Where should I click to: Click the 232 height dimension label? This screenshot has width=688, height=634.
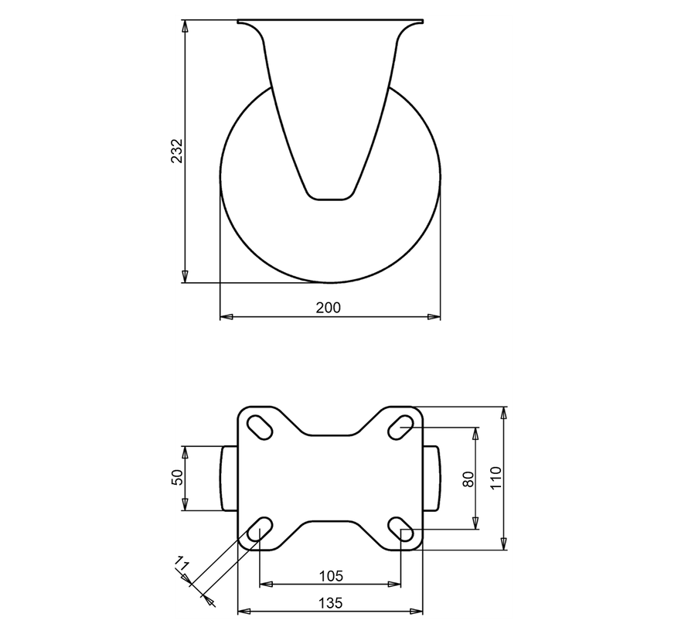tap(176, 152)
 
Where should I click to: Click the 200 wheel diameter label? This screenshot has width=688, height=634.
tap(329, 307)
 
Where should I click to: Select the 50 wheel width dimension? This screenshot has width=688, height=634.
tap(176, 478)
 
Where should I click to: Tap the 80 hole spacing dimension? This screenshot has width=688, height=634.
tap(467, 479)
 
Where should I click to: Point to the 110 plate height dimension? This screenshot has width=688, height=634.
tap(496, 478)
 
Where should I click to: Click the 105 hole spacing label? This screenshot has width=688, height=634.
tap(331, 576)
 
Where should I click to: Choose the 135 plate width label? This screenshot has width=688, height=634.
tap(331, 602)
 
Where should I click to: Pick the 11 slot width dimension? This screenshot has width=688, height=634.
tap(182, 571)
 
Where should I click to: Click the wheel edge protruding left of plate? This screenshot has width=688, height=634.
tap(229, 478)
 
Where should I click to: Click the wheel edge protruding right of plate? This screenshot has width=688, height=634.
tap(432, 478)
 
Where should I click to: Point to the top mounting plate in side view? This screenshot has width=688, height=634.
tap(331, 22)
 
